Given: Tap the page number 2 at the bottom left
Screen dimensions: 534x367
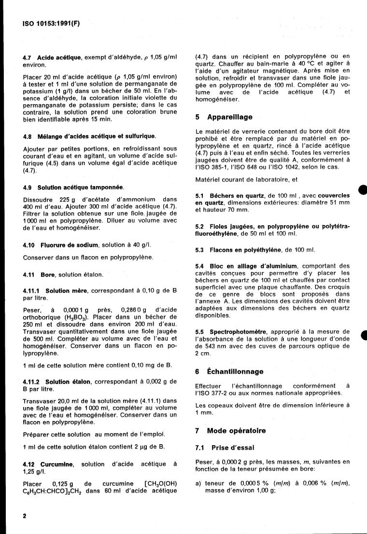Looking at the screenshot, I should (x=25, y=516).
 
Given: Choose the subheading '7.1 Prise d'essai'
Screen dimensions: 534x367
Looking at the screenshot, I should (x=218, y=448).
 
